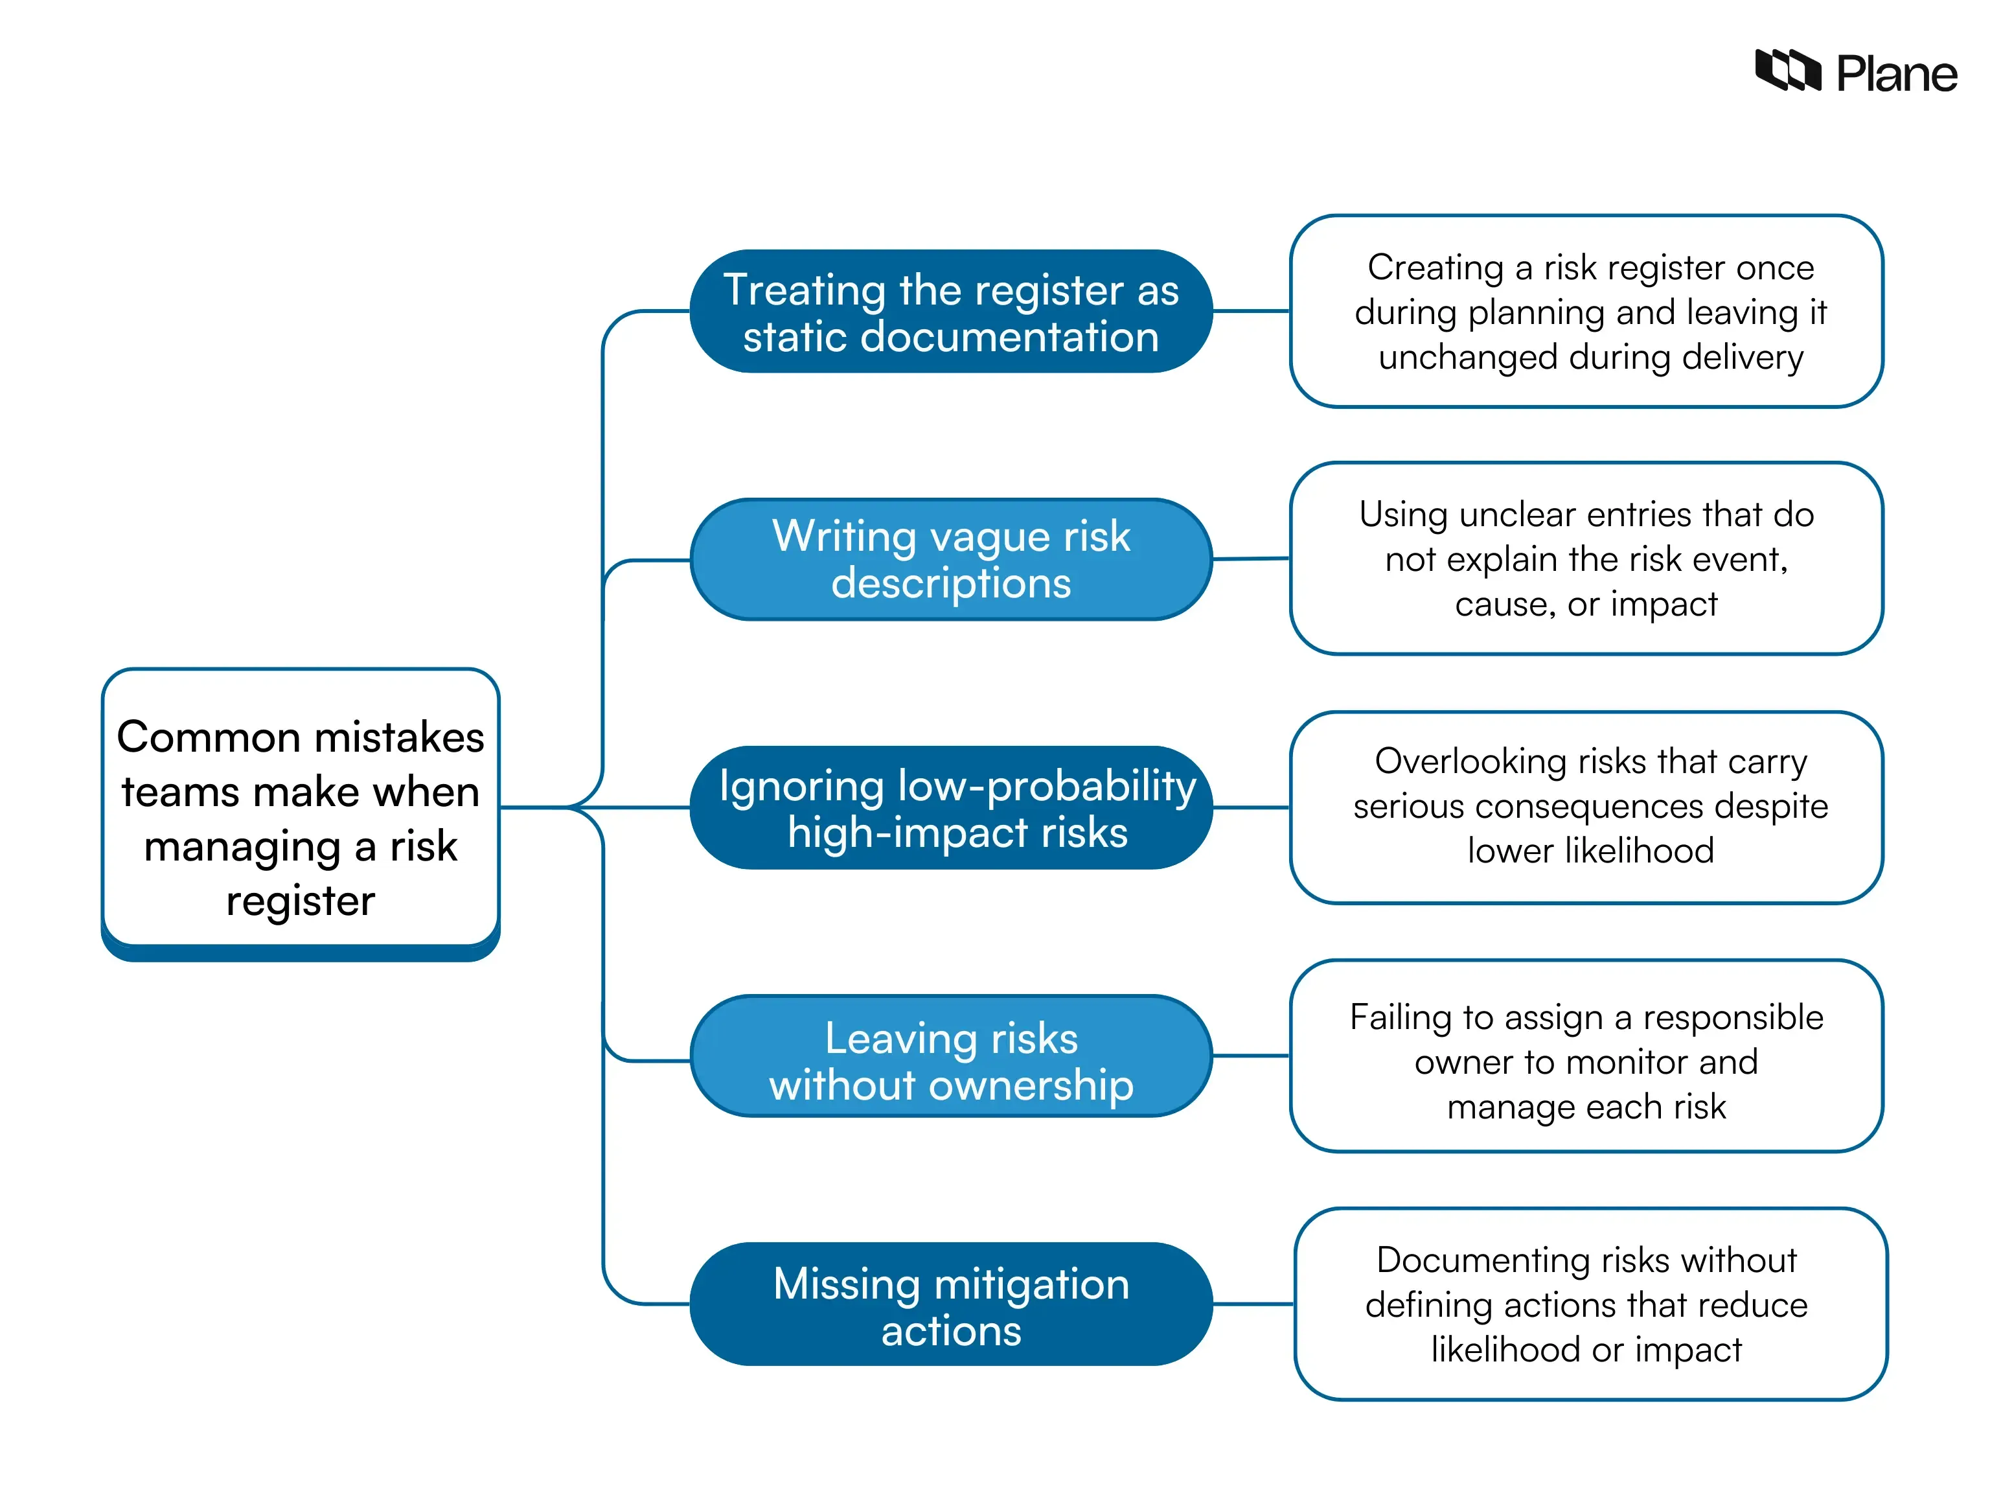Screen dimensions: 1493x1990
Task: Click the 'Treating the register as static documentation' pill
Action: pyautogui.click(x=950, y=312)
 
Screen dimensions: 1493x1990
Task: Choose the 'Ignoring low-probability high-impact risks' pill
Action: pyautogui.click(x=950, y=807)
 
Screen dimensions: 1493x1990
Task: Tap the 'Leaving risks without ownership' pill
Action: pyautogui.click(x=950, y=1056)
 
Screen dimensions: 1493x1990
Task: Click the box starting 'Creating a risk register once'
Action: pyautogui.click(x=1585, y=312)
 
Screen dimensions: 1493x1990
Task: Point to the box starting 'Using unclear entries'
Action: pyautogui.click(x=1585, y=559)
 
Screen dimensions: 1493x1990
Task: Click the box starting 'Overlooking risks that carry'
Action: pyautogui.click(x=1585, y=807)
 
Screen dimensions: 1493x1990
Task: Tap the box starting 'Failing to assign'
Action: pyautogui.click(x=1585, y=1056)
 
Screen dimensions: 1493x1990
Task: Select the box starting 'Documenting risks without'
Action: pyautogui.click(x=1590, y=1303)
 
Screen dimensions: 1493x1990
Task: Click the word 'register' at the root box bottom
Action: pyautogui.click(x=301, y=900)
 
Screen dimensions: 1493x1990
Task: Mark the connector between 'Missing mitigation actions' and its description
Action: pyautogui.click(x=1252, y=1303)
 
